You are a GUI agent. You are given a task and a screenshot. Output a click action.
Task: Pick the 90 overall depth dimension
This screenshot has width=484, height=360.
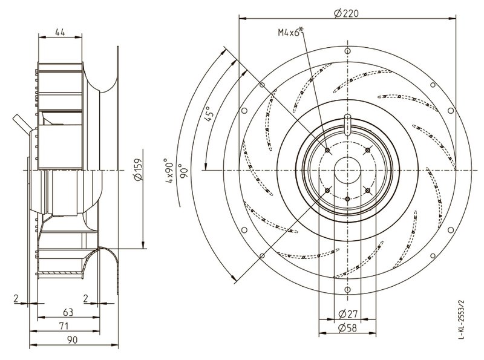click(71, 340)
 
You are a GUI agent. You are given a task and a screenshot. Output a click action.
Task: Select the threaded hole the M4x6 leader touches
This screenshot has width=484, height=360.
click(327, 149)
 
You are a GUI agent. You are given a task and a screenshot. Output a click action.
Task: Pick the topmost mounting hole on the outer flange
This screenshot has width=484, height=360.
click(347, 51)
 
